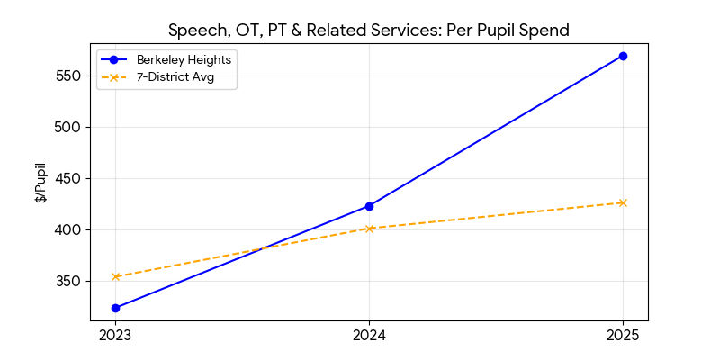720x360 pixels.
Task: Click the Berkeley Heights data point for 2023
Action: (x=115, y=308)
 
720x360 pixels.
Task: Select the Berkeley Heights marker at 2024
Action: (x=369, y=206)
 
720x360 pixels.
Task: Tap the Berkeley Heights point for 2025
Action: (x=623, y=56)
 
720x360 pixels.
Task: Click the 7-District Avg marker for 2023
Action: (x=115, y=276)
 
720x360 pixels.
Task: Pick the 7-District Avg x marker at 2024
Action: (x=369, y=229)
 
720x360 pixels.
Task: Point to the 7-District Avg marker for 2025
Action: (x=623, y=202)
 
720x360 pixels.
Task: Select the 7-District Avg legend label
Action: (x=175, y=77)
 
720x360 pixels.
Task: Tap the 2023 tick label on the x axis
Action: (x=115, y=336)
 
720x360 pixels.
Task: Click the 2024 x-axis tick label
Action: (x=369, y=336)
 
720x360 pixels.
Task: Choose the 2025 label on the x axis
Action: (x=623, y=336)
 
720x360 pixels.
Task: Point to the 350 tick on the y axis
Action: (x=69, y=281)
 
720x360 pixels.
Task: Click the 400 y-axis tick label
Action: (x=69, y=229)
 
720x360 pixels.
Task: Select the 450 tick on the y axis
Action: (x=69, y=178)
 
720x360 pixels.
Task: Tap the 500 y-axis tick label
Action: (x=69, y=127)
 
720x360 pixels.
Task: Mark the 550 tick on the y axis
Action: (x=69, y=76)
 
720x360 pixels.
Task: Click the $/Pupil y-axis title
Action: (x=40, y=183)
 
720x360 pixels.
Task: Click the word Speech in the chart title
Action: (x=195, y=31)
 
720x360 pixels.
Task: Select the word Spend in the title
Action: (x=545, y=31)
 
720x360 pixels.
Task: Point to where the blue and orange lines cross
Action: (x=264, y=248)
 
